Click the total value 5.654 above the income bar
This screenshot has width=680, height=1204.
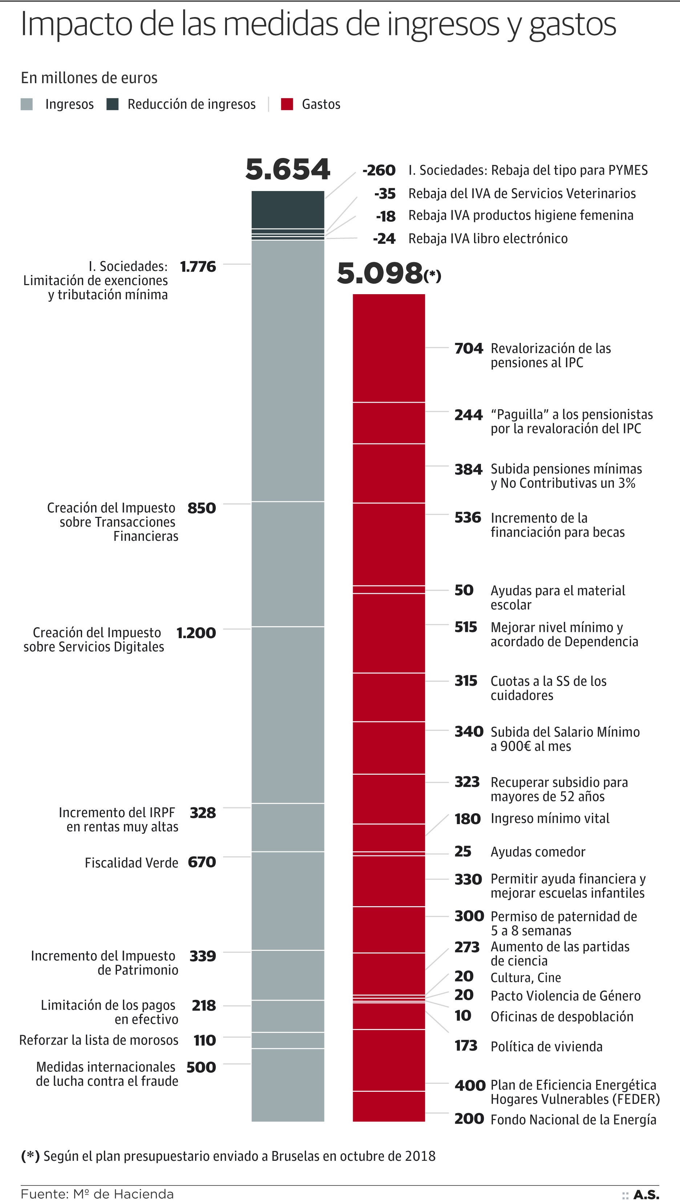(x=287, y=169)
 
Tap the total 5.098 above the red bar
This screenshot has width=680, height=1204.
(x=380, y=273)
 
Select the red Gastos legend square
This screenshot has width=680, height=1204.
(x=287, y=104)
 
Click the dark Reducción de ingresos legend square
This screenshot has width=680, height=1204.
(x=113, y=104)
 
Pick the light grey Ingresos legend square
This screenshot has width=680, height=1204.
(x=27, y=104)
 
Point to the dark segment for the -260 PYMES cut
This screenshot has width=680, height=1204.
(x=287, y=210)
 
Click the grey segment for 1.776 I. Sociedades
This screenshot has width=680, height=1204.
(x=287, y=370)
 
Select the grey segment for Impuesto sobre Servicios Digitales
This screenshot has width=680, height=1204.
(x=287, y=715)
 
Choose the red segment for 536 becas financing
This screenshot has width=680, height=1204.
(x=388, y=544)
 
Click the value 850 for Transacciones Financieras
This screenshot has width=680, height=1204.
(x=202, y=508)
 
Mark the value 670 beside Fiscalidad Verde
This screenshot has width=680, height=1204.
(x=202, y=862)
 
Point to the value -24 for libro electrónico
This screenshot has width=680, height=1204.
(x=384, y=239)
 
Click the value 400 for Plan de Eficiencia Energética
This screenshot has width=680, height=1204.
(x=470, y=1085)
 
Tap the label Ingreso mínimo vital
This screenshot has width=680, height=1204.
(x=550, y=818)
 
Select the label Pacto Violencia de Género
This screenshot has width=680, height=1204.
(x=565, y=996)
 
